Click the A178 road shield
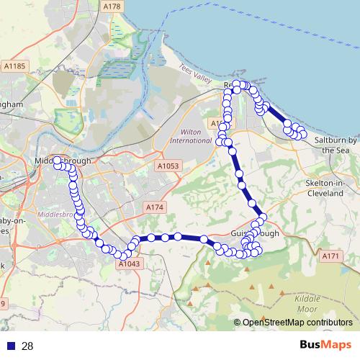[112, 6]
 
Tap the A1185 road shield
[14, 66]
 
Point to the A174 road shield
[156, 207]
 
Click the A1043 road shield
[128, 264]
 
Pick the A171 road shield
[330, 256]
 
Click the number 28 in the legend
[27, 346]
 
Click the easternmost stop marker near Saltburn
[302, 134]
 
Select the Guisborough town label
[255, 235]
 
